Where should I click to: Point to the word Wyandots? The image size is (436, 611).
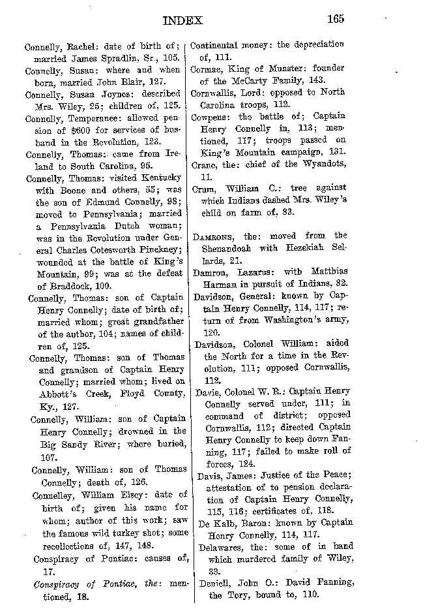319,165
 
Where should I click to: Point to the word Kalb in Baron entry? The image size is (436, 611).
229,522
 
